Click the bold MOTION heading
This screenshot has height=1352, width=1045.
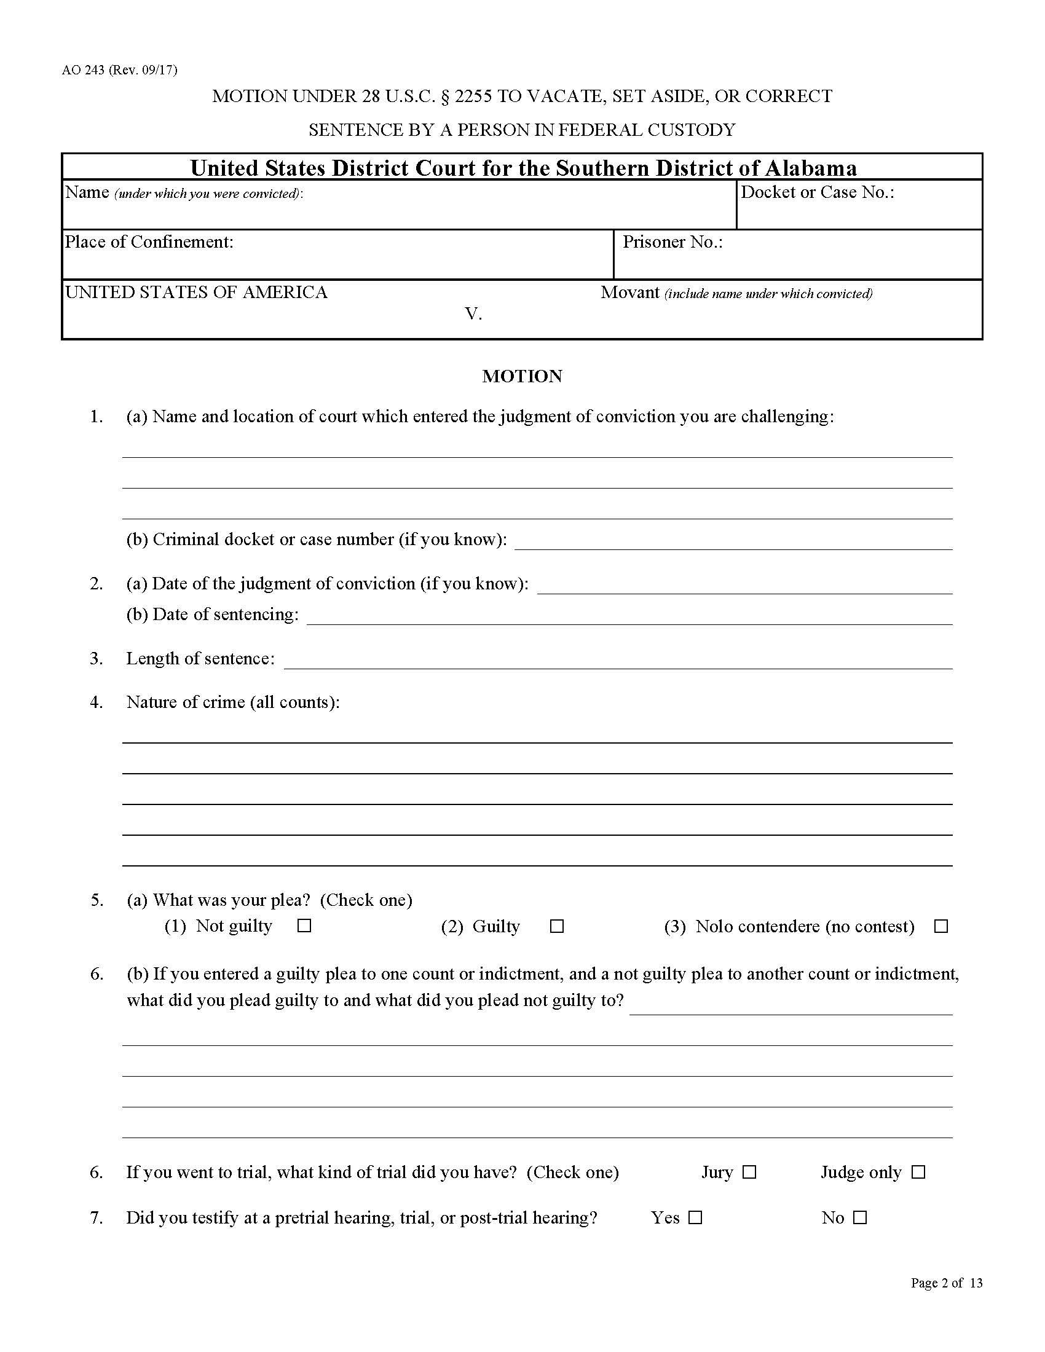click(522, 376)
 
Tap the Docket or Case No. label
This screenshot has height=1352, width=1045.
click(817, 192)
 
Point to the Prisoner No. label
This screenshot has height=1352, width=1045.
click(672, 242)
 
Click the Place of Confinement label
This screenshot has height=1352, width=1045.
click(149, 242)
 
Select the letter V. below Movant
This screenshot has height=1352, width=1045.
click(473, 315)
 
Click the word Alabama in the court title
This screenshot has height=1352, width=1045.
click(811, 168)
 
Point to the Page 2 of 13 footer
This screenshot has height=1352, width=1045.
click(946, 1283)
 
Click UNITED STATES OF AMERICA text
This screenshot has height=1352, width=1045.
click(196, 292)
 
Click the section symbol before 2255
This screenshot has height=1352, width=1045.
click(444, 96)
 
